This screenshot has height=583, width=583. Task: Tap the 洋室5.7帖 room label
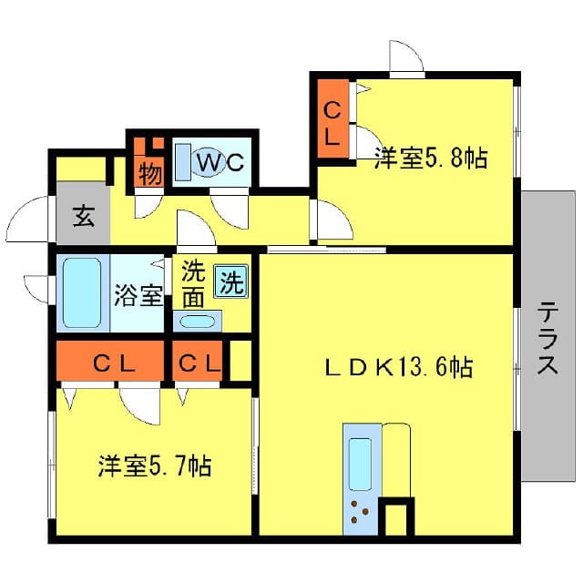tap(156, 466)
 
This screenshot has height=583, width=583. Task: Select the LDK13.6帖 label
tap(399, 367)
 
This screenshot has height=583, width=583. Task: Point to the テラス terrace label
tap(547, 338)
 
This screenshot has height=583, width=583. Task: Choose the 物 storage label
tap(150, 171)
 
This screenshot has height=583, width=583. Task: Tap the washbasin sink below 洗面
tap(197, 321)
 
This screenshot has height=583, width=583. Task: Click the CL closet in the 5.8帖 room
tap(333, 124)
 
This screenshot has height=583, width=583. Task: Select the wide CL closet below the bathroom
tap(112, 363)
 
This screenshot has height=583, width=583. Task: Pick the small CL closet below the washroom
tap(199, 363)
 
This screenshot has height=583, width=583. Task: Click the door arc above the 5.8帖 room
tap(405, 57)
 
